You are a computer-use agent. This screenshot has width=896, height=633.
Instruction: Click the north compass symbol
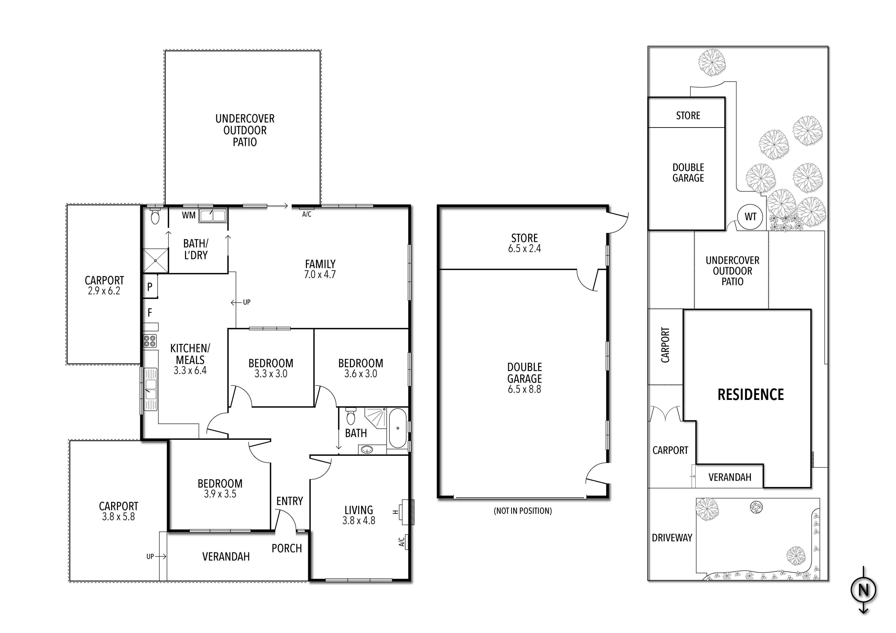(x=863, y=590)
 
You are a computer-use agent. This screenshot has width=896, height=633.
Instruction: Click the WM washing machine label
(x=189, y=215)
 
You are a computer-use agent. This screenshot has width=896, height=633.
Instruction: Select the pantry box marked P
(x=150, y=287)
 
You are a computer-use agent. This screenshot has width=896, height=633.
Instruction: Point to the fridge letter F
(x=150, y=313)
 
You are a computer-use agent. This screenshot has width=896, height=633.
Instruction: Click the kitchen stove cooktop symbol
(x=150, y=341)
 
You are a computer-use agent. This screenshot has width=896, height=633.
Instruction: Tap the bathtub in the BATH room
(x=398, y=428)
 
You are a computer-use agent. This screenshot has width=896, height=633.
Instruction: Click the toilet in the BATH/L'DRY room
(x=155, y=216)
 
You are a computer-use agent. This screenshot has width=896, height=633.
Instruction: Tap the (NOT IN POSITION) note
(x=522, y=511)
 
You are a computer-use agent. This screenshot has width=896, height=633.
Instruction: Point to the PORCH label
(x=287, y=548)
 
